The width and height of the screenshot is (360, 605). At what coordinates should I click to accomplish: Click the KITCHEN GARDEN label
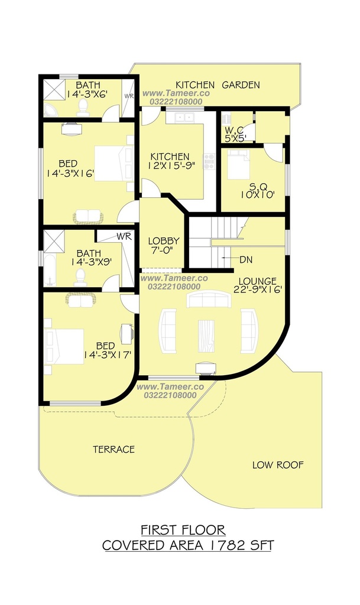pyautogui.click(x=218, y=85)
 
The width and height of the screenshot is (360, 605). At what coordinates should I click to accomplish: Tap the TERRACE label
pyautogui.click(x=114, y=449)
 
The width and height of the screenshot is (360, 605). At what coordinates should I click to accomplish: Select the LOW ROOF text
pyautogui.click(x=278, y=465)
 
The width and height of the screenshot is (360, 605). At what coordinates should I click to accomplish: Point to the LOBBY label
pyautogui.click(x=164, y=241)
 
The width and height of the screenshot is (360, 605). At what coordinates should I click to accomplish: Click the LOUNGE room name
pyautogui.click(x=257, y=281)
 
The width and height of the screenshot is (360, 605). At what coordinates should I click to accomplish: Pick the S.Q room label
pyautogui.click(x=257, y=186)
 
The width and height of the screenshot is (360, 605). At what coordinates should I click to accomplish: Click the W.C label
pyautogui.click(x=234, y=131)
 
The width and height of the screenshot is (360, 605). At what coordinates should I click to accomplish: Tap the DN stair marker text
pyautogui.click(x=246, y=260)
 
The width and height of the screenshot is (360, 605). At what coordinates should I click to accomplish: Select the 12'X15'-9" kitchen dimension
pyautogui.click(x=170, y=165)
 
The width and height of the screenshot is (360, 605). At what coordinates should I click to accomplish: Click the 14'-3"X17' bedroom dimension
pyautogui.click(x=111, y=354)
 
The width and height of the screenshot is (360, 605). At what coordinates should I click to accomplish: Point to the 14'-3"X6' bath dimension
pyautogui.click(x=87, y=94)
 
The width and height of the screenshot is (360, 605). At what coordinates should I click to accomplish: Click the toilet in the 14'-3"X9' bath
pyautogui.click(x=80, y=278)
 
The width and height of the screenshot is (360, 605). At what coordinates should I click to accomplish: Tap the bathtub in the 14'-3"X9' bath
pyautogui.click(x=50, y=269)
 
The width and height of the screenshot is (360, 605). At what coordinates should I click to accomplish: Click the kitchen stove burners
pyautogui.click(x=209, y=161)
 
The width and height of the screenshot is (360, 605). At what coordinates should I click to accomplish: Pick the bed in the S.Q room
pyautogui.click(x=238, y=164)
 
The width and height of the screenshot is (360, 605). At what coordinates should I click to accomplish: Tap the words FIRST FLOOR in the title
pyautogui.click(x=183, y=530)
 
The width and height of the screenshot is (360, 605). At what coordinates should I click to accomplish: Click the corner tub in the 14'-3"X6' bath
pyautogui.click(x=51, y=109)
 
